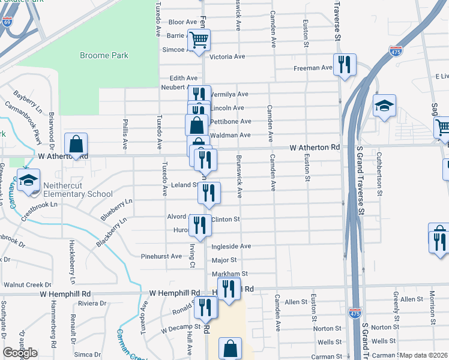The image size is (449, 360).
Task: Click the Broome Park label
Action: (104, 56)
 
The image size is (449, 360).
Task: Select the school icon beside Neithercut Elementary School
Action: (28, 180)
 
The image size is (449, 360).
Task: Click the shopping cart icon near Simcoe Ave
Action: (199, 40)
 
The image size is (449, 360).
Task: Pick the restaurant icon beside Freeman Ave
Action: (345, 64)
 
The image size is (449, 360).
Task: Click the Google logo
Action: (20, 353)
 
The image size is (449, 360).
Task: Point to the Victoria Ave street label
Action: (228, 57)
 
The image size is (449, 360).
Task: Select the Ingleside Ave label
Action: (231, 246)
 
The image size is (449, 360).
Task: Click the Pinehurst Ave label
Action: (161, 256)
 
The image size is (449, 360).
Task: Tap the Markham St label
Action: (226, 274)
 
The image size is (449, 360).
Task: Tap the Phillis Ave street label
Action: (125, 137)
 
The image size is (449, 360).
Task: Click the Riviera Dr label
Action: (92, 304)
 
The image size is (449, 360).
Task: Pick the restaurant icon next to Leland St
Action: (209, 193)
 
